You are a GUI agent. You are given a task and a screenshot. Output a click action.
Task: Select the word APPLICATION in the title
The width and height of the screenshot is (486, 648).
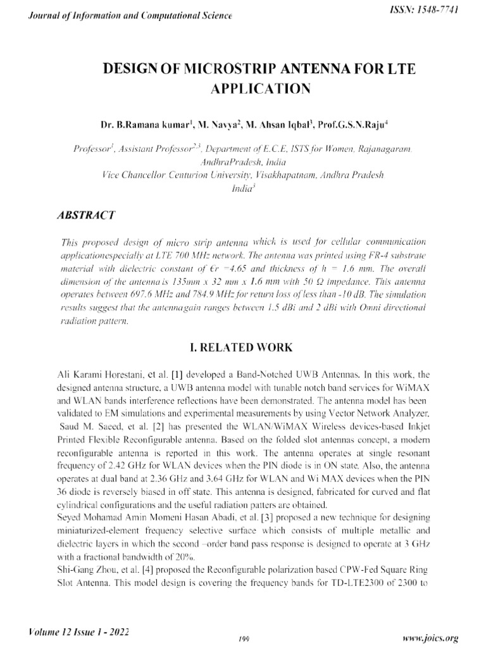click(260, 89)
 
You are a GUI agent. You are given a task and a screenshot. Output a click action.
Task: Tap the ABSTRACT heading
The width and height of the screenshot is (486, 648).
click(85, 215)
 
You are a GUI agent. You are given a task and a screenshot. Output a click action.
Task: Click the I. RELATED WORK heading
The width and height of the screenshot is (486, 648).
click(242, 347)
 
